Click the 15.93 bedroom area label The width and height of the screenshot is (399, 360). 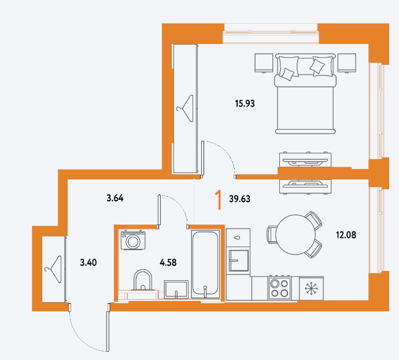point(245,104)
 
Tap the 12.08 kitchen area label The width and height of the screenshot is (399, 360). point(346,235)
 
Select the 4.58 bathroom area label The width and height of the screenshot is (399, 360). point(168,262)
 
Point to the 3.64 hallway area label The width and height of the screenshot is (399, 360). point(115,198)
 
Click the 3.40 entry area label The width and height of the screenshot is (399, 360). point(88,262)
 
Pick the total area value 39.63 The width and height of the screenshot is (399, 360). point(240,199)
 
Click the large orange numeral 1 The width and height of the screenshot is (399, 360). point(219,200)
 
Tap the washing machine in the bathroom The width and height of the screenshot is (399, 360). point(133,240)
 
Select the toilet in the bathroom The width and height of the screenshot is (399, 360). point(143,280)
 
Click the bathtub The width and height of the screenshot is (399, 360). point(205,264)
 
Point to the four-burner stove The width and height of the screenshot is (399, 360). point(280,288)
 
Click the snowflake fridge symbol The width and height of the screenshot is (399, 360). point(311,288)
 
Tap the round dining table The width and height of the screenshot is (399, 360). point(295,234)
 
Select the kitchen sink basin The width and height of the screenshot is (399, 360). point(239,260)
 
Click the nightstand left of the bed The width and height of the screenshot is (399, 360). point(264,63)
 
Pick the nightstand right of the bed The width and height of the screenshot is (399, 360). point(347,63)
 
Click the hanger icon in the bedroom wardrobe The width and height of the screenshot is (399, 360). point(186,109)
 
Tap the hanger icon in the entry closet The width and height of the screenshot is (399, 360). point(54,269)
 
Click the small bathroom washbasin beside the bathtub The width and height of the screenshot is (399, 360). point(176,289)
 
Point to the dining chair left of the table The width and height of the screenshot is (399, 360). point(271,234)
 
